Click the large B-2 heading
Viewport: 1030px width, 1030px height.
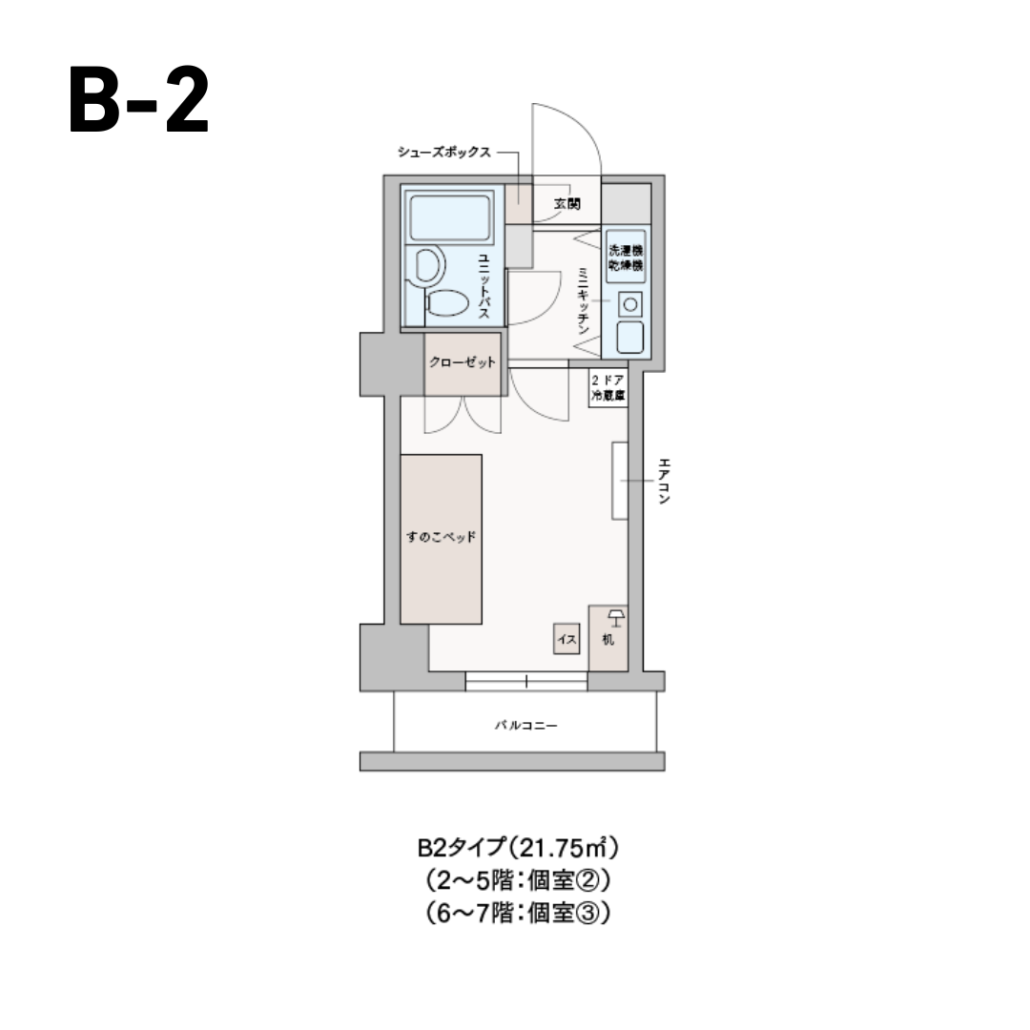(139, 101)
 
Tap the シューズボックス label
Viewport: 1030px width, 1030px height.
(445, 152)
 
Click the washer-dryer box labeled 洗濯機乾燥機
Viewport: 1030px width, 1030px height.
(626, 256)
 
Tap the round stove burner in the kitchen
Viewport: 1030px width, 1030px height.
(629, 304)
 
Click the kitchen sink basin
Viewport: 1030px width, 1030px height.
(629, 337)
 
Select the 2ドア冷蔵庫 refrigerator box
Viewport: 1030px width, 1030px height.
(608, 388)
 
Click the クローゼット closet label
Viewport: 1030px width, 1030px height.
(463, 362)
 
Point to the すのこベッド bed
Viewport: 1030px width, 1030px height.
(441, 539)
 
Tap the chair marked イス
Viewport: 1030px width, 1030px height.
(566, 639)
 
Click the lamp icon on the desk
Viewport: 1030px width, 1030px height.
(615, 618)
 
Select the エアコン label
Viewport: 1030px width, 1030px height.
(665, 481)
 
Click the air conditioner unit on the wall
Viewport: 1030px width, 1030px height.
(620, 481)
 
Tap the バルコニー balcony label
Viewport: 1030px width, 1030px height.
(525, 726)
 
